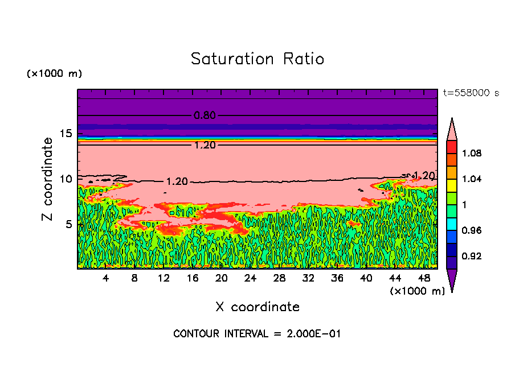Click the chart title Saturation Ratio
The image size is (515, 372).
coord(257,59)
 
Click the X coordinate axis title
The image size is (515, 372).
coord(257,307)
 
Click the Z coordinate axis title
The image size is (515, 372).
coord(48,179)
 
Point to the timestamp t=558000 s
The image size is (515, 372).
coord(471,93)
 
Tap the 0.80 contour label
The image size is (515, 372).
coord(205,115)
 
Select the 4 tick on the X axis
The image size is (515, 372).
coord(105,278)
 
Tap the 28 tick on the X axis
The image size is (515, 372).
coord(279,278)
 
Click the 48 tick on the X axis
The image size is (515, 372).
coord(424,278)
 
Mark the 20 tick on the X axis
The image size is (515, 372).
coord(221,278)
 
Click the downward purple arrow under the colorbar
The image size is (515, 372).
coord(451,280)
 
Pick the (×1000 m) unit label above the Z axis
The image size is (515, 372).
coord(54,74)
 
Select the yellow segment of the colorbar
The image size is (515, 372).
coord(451,185)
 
